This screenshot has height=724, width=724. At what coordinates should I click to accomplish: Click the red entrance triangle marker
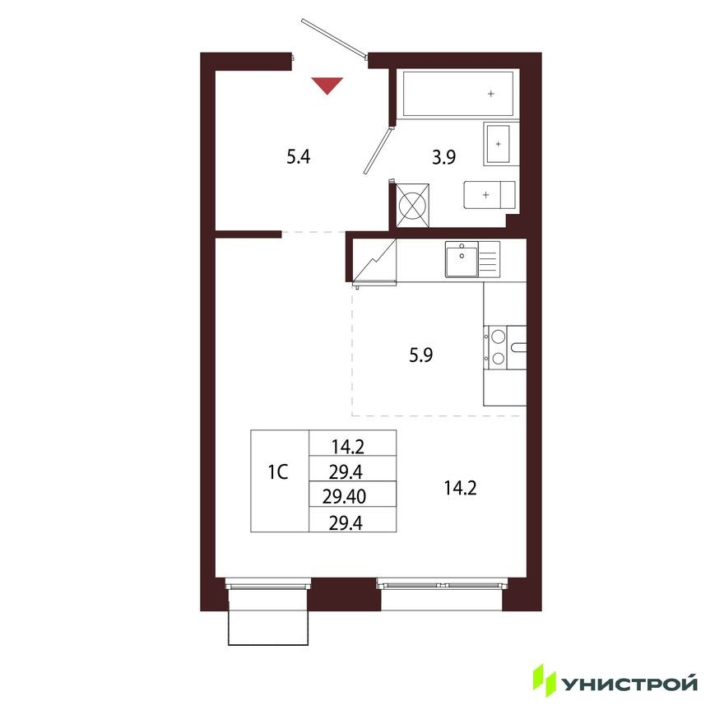coord(327,84)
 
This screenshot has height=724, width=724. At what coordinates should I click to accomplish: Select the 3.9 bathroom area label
coord(444,158)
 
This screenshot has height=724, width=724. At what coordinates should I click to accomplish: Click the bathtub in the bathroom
coord(459,94)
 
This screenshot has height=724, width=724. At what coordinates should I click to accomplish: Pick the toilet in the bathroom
coord(490,195)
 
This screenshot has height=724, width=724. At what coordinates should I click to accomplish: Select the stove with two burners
coord(498,346)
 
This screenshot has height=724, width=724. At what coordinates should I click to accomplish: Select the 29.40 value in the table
coord(350,496)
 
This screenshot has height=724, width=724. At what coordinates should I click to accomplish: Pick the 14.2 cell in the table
coord(350,448)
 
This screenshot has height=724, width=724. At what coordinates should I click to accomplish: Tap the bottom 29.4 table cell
coord(350,521)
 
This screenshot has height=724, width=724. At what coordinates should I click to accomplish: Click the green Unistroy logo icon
coord(544,679)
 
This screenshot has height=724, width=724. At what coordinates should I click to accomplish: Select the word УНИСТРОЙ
coord(630,683)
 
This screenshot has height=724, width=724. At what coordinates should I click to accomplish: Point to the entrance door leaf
coord(334,38)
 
